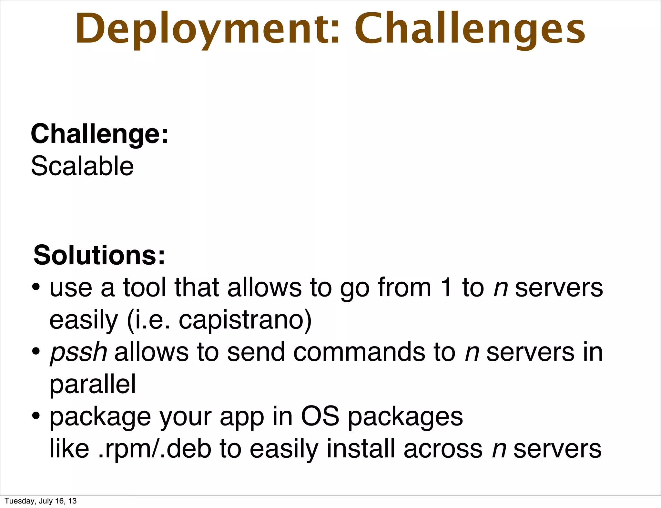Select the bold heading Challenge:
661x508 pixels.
tap(99, 134)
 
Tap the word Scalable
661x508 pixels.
tap(82, 166)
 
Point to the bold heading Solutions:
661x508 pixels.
tap(99, 255)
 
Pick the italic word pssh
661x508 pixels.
tap(78, 352)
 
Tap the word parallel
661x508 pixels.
tap(93, 384)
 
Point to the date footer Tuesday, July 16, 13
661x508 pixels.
tap(41, 501)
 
